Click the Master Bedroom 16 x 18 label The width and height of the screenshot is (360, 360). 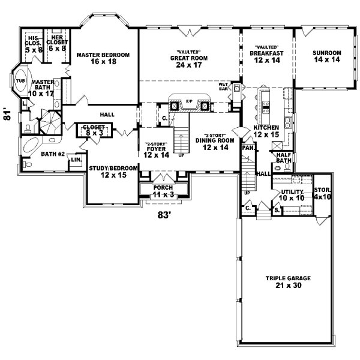click(103, 58)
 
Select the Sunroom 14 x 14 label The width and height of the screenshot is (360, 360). click(326, 56)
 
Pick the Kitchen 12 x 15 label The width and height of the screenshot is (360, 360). click(266, 131)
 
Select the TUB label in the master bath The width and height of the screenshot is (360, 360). click(20, 80)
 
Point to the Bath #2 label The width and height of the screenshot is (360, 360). click(53, 154)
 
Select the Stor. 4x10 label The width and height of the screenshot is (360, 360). click(322, 194)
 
